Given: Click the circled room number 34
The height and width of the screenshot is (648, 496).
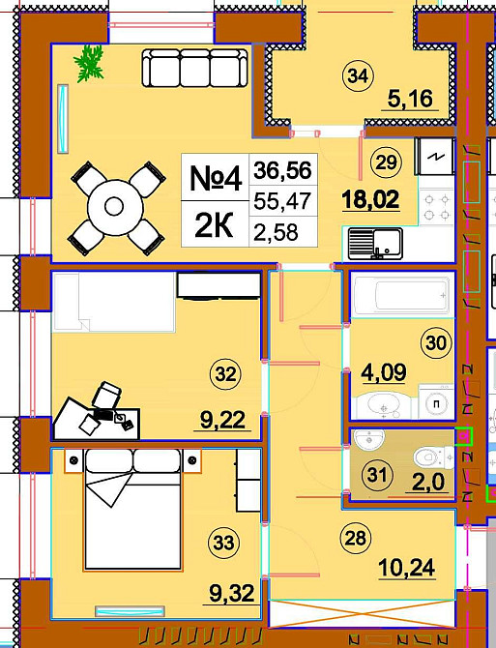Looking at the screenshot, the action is (358, 75).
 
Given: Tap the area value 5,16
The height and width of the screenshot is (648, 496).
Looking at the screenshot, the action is (410, 99).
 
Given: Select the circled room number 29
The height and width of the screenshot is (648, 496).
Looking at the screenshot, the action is (387, 162).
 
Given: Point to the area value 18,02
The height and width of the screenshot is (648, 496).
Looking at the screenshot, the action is (370, 199).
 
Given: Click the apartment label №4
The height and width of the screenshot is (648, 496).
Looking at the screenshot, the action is (216, 178).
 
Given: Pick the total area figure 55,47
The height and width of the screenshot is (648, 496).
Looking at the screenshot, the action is (282, 201).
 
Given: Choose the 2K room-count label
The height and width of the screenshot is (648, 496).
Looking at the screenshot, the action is (214, 225).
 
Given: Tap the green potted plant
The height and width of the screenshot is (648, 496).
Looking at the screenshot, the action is (89, 63).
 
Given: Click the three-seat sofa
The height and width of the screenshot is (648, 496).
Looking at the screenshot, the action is (195, 68).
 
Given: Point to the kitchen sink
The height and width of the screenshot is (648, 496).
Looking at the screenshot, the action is (375, 244).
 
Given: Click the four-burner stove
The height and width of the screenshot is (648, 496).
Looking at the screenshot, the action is (437, 207).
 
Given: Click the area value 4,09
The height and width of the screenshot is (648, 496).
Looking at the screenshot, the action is (383, 372).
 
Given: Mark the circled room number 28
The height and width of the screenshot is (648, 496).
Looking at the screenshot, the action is (355, 538).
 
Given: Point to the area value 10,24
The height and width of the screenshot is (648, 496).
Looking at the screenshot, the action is (407, 568).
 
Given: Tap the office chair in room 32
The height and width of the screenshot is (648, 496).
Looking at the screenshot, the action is (106, 395).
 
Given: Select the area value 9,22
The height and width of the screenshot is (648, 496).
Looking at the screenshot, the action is (223, 421).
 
